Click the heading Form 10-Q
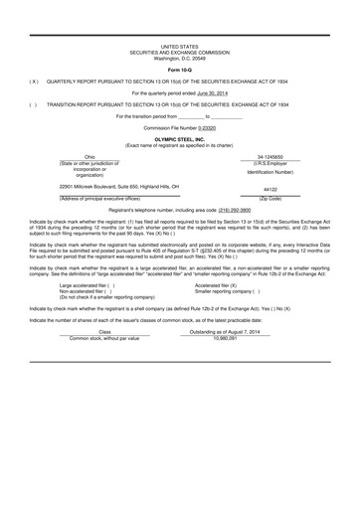pos(180,69)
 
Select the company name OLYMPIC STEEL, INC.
pos(180,140)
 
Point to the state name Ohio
pos(90,157)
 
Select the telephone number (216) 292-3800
pos(235,210)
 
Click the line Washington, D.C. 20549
pos(180,57)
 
